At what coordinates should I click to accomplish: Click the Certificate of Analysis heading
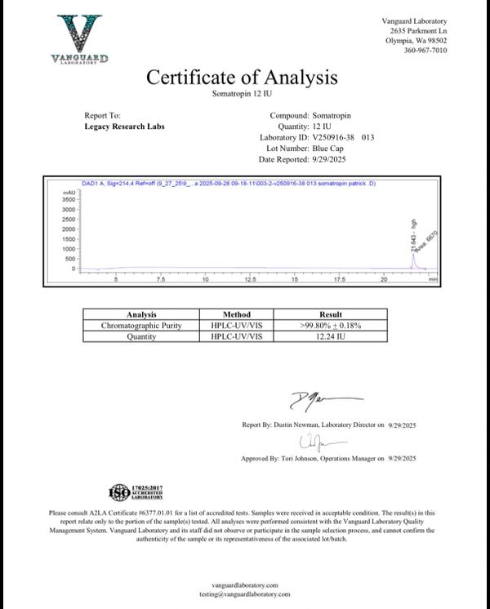pyautogui.click(x=241, y=78)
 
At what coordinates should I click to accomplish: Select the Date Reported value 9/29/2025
pyautogui.click(x=332, y=160)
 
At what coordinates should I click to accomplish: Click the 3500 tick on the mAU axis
pyautogui.click(x=69, y=199)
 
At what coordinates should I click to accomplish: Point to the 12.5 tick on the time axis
pyautogui.click(x=250, y=279)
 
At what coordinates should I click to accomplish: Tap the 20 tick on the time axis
pyautogui.click(x=384, y=279)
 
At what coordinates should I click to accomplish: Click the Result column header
pyautogui.click(x=330, y=314)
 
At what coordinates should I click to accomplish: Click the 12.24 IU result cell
pyautogui.click(x=330, y=336)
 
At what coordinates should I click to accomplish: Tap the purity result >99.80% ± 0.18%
pyautogui.click(x=330, y=325)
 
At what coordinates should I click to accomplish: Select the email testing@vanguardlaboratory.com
pyautogui.click(x=245, y=595)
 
